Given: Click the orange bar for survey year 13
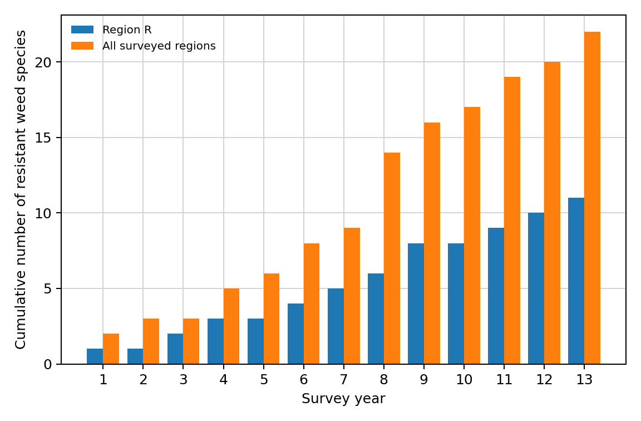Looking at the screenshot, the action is click(593, 198).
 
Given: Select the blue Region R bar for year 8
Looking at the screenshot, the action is click(376, 319).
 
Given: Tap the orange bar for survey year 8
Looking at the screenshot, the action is click(392, 258).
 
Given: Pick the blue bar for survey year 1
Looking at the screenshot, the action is click(95, 356).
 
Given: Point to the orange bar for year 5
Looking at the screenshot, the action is click(272, 319).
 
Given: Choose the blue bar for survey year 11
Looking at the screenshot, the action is click(496, 296).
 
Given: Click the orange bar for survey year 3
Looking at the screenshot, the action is click(191, 341).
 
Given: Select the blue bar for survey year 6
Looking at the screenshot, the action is click(296, 334).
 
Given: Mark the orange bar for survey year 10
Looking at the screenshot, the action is click(472, 235).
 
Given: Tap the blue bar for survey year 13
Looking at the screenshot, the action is click(576, 281).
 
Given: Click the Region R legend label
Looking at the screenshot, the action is click(127, 30).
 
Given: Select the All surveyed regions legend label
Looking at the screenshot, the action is click(159, 46).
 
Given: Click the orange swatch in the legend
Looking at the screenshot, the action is click(82, 46).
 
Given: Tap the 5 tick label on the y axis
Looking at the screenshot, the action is click(48, 289).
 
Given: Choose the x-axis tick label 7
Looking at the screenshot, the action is click(344, 380).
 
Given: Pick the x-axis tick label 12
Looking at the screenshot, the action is click(544, 380).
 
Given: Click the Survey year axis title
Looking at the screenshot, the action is click(343, 399).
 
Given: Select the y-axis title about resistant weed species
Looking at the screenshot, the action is click(21, 189).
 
